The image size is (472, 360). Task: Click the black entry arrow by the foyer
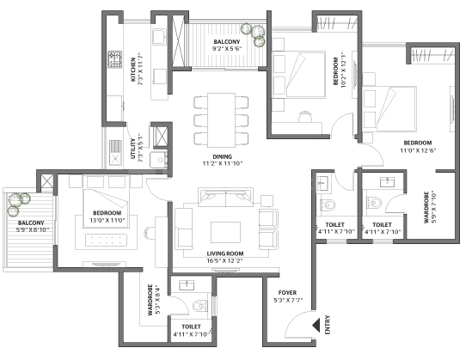316,325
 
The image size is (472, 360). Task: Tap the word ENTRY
328,325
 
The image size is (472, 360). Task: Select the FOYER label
287,293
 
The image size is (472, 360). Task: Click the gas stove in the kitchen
115,59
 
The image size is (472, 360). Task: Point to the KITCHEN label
133,70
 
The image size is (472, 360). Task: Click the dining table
221,120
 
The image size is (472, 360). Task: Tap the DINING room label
223,156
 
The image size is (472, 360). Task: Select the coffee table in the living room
225,232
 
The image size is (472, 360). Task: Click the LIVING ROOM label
225,253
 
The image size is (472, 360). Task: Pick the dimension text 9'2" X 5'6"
227,49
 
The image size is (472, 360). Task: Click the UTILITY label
133,149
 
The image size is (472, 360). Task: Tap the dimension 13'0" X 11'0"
107,221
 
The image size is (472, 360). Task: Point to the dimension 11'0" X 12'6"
418,150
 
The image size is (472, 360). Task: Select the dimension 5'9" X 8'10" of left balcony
33,230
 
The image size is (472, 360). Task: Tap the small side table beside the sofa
267,201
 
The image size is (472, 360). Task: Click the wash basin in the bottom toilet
187,285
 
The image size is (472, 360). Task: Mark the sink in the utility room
115,158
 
